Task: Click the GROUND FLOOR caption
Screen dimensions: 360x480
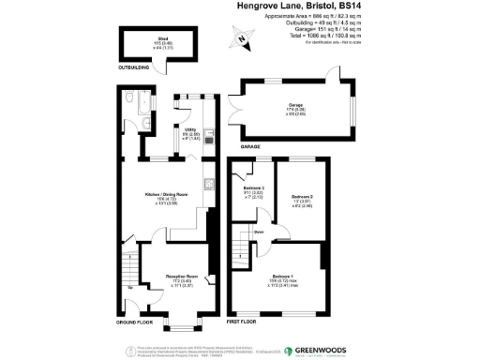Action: tap(134, 322)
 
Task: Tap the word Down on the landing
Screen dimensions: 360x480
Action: tap(259, 232)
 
